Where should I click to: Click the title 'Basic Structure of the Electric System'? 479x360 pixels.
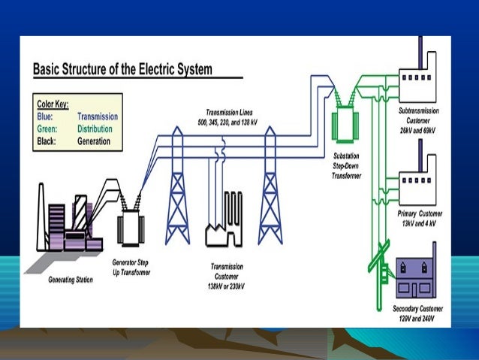(122, 70)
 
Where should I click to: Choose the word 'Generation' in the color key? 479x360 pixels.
(95, 141)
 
